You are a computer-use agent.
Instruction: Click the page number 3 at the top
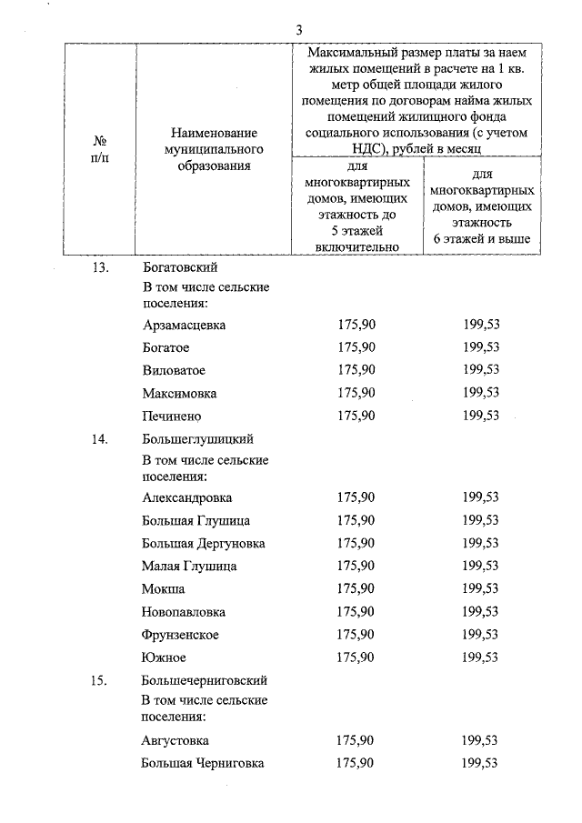coord(299,28)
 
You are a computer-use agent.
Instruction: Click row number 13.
coord(100,267)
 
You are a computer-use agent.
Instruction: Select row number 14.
coord(100,440)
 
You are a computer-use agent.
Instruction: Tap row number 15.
coord(100,681)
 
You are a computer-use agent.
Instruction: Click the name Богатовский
coord(180,267)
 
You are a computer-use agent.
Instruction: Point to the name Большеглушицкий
coord(197,440)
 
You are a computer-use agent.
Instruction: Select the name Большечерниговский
coord(205,681)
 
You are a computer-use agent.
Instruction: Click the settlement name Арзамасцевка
coord(185,325)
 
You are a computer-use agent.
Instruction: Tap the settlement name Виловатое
coord(174,371)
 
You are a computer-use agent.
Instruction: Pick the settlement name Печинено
coord(172,416)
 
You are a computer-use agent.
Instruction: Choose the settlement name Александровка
coord(187,497)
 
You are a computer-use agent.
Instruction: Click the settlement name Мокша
coord(164,589)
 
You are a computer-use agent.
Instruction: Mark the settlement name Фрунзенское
coord(181,635)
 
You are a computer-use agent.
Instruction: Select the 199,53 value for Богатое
coord(480,347)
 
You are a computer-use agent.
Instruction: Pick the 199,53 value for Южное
coord(480,657)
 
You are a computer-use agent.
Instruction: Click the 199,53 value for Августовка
coord(480,740)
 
